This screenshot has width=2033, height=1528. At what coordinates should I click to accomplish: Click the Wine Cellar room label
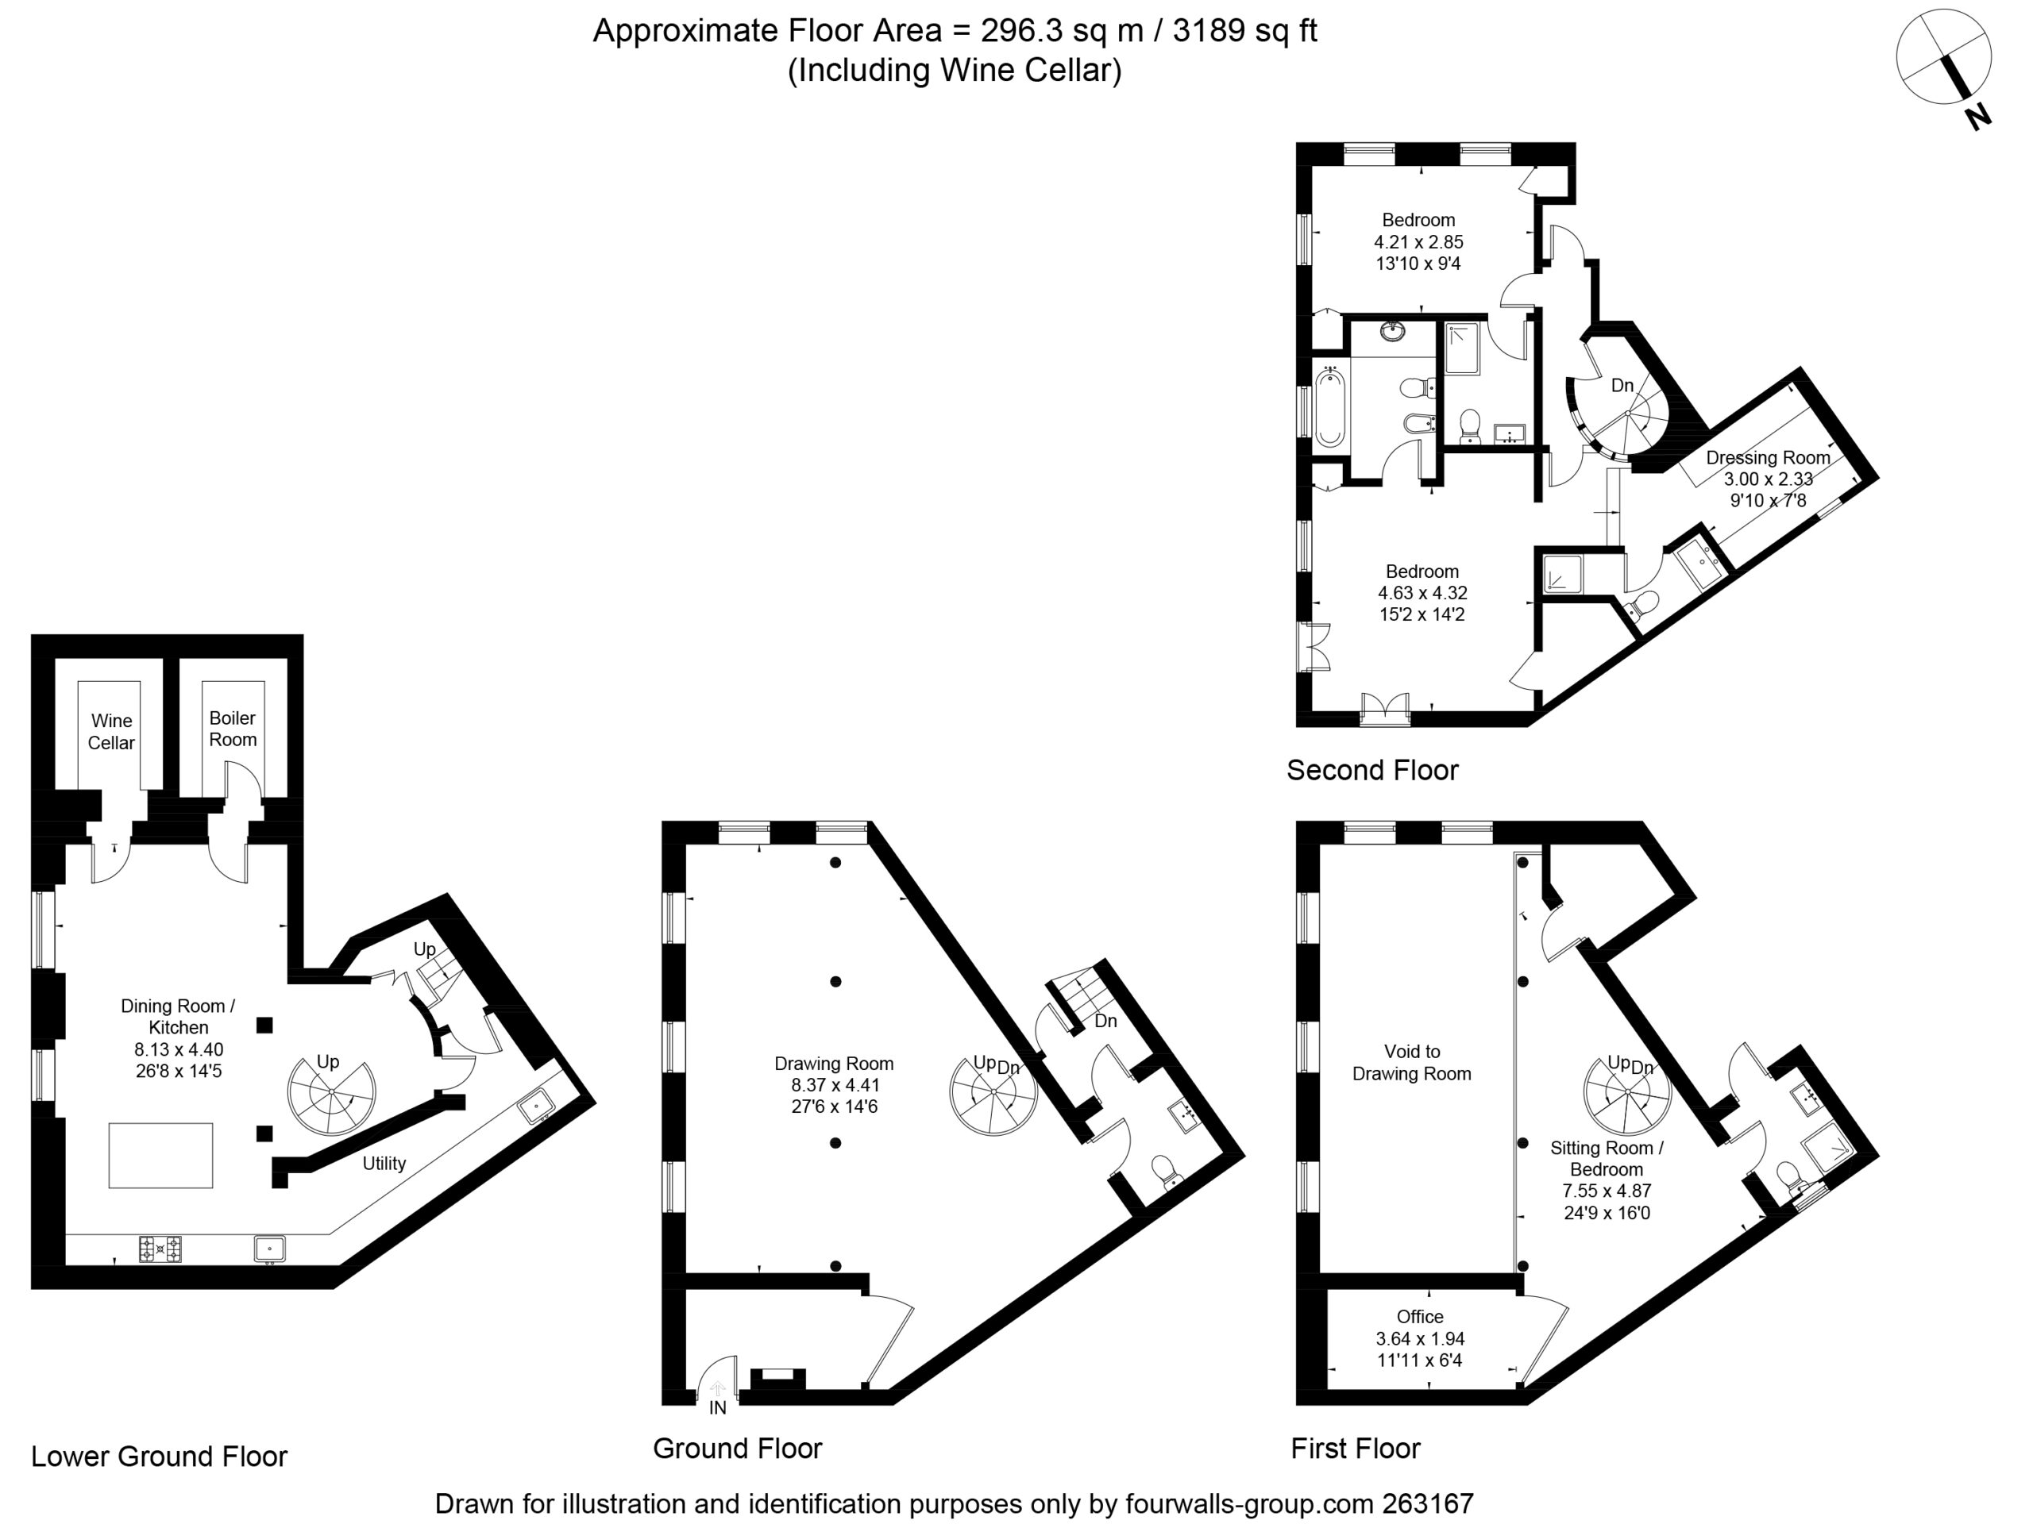tap(111, 731)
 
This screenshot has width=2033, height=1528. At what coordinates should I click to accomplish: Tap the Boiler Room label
tap(233, 729)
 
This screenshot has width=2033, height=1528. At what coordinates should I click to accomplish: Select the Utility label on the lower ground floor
tap(384, 1163)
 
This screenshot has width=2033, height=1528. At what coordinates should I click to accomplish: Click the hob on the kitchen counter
tap(160, 1249)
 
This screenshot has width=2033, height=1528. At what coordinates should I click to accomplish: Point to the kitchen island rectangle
tap(161, 1155)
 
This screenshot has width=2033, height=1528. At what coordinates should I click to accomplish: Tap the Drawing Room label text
tap(834, 1063)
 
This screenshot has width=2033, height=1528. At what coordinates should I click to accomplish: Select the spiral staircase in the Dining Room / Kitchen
tap(332, 1096)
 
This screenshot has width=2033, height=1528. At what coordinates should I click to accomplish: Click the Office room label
tap(1420, 1317)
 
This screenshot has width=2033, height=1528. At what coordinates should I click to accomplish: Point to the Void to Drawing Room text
tap(1412, 1062)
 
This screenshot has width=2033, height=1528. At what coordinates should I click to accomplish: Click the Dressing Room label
tap(1769, 457)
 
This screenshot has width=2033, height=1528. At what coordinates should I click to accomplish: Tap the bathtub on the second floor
tap(1329, 408)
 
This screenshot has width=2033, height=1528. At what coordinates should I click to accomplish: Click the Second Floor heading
tap(1372, 770)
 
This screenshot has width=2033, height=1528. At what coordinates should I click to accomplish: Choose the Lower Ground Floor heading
tap(159, 1457)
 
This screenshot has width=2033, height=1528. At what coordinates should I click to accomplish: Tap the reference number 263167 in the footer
tap(1428, 1503)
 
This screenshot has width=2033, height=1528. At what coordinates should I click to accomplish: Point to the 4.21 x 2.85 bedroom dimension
tap(1418, 241)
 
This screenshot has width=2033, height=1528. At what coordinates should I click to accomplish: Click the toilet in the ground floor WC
tap(1164, 1172)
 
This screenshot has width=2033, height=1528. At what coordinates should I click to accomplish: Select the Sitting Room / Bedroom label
tap(1607, 1159)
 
